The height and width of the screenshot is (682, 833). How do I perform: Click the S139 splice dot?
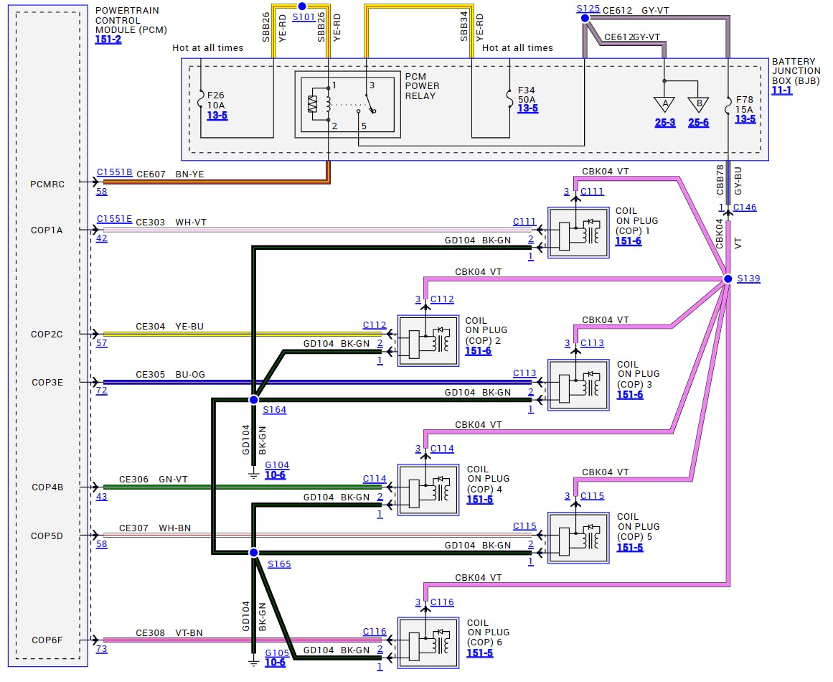click(728, 279)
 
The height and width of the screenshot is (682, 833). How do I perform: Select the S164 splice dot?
click(253, 399)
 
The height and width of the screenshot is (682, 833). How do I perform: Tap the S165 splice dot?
click(253, 553)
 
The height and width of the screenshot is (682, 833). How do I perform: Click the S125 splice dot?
click(585, 18)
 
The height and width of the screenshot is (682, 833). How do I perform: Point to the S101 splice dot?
click(302, 6)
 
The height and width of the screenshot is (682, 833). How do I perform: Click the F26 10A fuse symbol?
click(200, 101)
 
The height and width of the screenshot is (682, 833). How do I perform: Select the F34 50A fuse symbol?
click(510, 101)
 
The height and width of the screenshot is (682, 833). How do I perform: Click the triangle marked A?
click(664, 105)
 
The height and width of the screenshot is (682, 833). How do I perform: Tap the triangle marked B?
click(697, 105)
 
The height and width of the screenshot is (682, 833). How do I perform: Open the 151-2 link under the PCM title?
click(108, 40)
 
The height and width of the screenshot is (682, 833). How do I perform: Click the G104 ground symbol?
click(253, 473)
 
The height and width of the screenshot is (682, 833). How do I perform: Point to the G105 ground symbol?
click(253, 662)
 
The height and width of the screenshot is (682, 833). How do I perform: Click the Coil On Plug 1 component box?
click(578, 232)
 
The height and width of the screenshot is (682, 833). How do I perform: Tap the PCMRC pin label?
click(47, 184)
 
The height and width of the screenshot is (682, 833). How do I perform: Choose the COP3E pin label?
click(47, 383)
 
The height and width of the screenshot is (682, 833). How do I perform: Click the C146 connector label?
click(744, 208)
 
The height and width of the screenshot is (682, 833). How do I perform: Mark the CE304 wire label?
click(150, 327)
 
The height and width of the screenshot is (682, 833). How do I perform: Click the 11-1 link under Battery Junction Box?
click(782, 91)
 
